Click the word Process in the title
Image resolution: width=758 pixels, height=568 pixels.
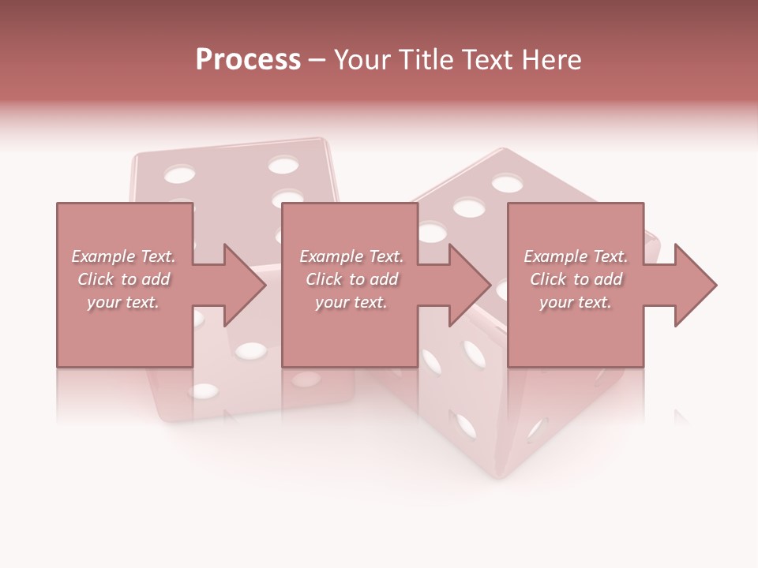point(248,60)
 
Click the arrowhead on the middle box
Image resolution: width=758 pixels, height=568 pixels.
point(469,286)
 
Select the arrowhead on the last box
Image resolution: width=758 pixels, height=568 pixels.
point(694,286)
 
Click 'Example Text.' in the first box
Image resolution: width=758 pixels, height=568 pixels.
point(124,256)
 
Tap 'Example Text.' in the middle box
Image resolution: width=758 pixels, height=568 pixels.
point(351,256)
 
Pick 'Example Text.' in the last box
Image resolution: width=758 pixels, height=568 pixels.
point(576,256)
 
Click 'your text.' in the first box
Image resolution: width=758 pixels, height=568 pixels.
point(124,302)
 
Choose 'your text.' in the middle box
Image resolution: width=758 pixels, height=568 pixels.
point(351,302)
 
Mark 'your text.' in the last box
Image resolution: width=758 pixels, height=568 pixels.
point(576,302)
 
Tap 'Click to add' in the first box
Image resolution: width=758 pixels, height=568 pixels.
point(124,279)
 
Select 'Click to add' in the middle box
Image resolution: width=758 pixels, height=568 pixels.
point(351,279)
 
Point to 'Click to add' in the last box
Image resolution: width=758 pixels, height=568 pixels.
point(576,279)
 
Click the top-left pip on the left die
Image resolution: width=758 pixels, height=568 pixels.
point(180,173)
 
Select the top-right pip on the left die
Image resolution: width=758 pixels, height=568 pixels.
point(282,165)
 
